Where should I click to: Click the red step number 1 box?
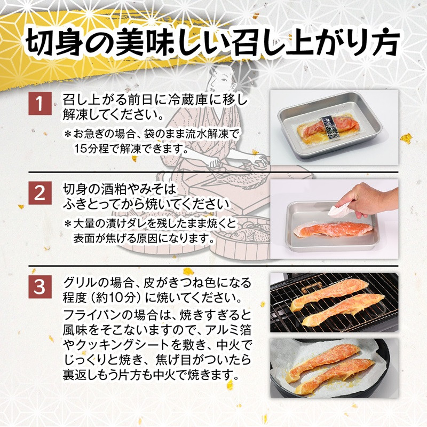(x=40, y=103)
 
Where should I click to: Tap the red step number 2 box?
(x=40, y=193)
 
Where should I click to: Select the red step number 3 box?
(x=40, y=286)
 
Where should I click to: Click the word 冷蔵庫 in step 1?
(x=191, y=100)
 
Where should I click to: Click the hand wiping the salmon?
(x=366, y=199)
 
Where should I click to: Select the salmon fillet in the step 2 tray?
(x=333, y=230)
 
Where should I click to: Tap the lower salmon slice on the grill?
(x=343, y=309)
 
